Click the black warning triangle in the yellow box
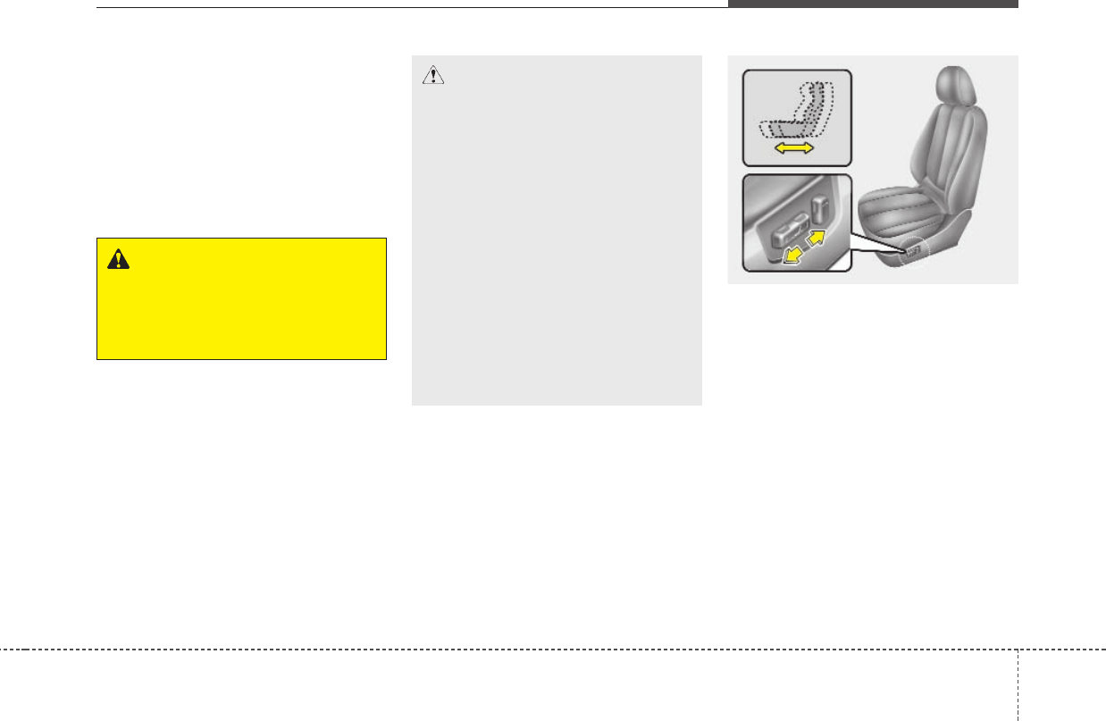pos(116,259)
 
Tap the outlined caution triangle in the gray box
pos(433,77)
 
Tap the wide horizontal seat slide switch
pos(781,235)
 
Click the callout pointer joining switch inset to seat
pos(880,246)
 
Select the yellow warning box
pos(241,298)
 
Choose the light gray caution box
pos(557,231)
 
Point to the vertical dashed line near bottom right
pos(1017,684)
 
